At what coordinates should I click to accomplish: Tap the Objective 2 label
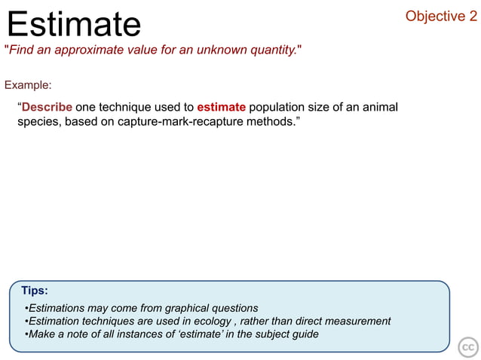436,16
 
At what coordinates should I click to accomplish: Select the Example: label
28,85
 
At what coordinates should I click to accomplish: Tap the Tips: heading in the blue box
35,290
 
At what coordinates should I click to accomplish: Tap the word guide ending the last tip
304,334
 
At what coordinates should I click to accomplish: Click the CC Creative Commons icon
468,346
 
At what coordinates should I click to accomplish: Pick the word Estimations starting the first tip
57,308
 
